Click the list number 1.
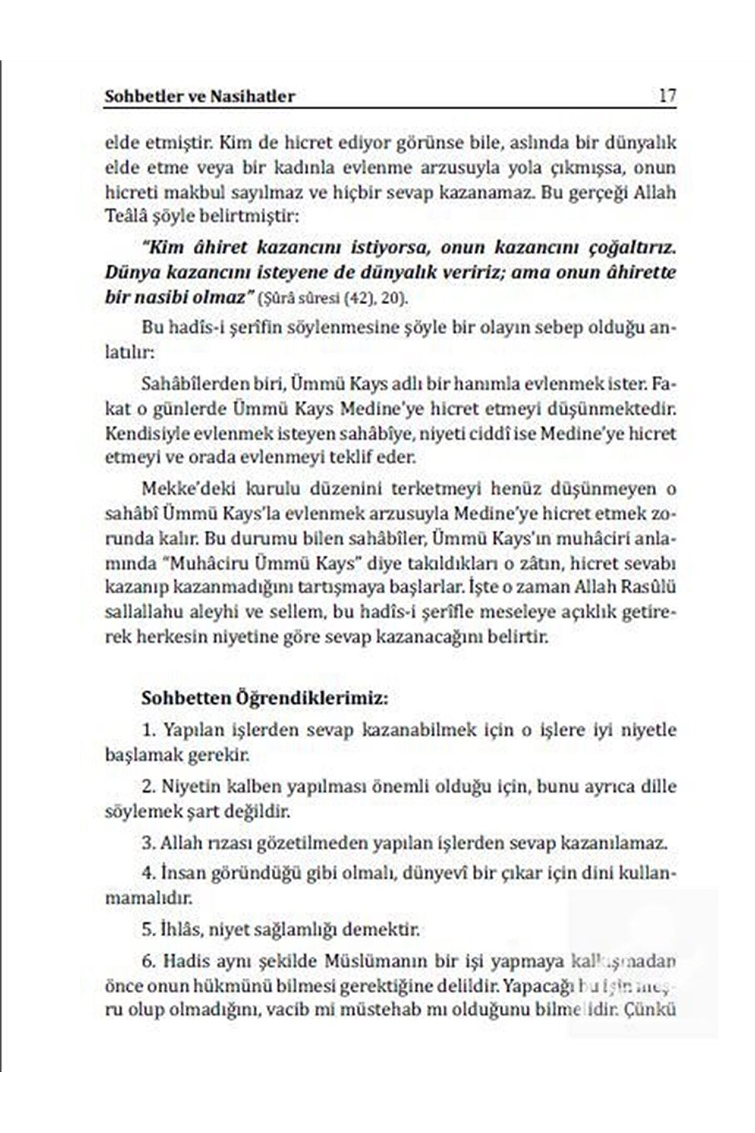pos(148,730)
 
